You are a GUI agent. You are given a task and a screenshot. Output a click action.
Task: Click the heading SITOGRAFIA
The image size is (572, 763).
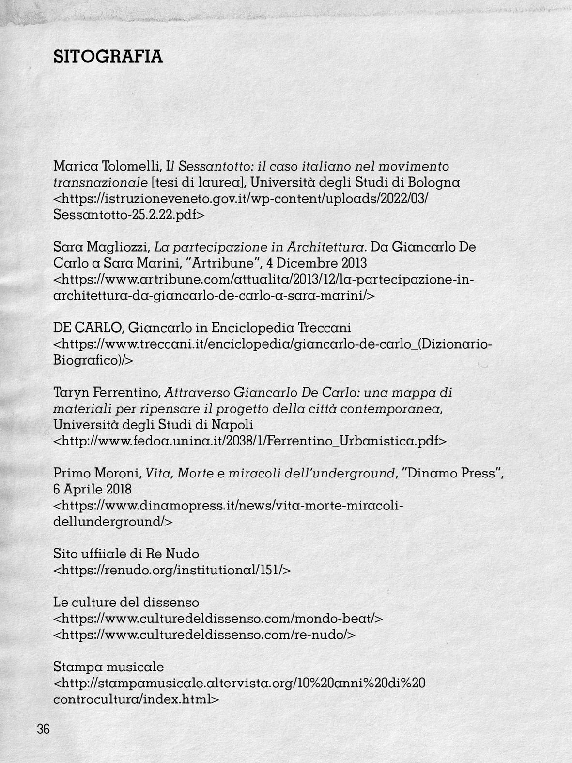(108, 57)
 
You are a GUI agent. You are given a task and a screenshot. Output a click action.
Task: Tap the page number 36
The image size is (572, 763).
(43, 729)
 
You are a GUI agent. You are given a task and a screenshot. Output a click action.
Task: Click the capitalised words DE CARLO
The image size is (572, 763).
(87, 328)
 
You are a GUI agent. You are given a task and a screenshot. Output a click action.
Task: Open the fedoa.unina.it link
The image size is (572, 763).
(250, 441)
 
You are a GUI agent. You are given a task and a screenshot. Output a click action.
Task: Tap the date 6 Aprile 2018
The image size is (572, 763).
(92, 489)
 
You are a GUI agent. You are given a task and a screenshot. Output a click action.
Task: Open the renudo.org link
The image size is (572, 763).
(172, 570)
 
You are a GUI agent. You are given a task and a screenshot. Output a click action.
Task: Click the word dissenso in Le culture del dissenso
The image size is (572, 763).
(171, 603)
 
